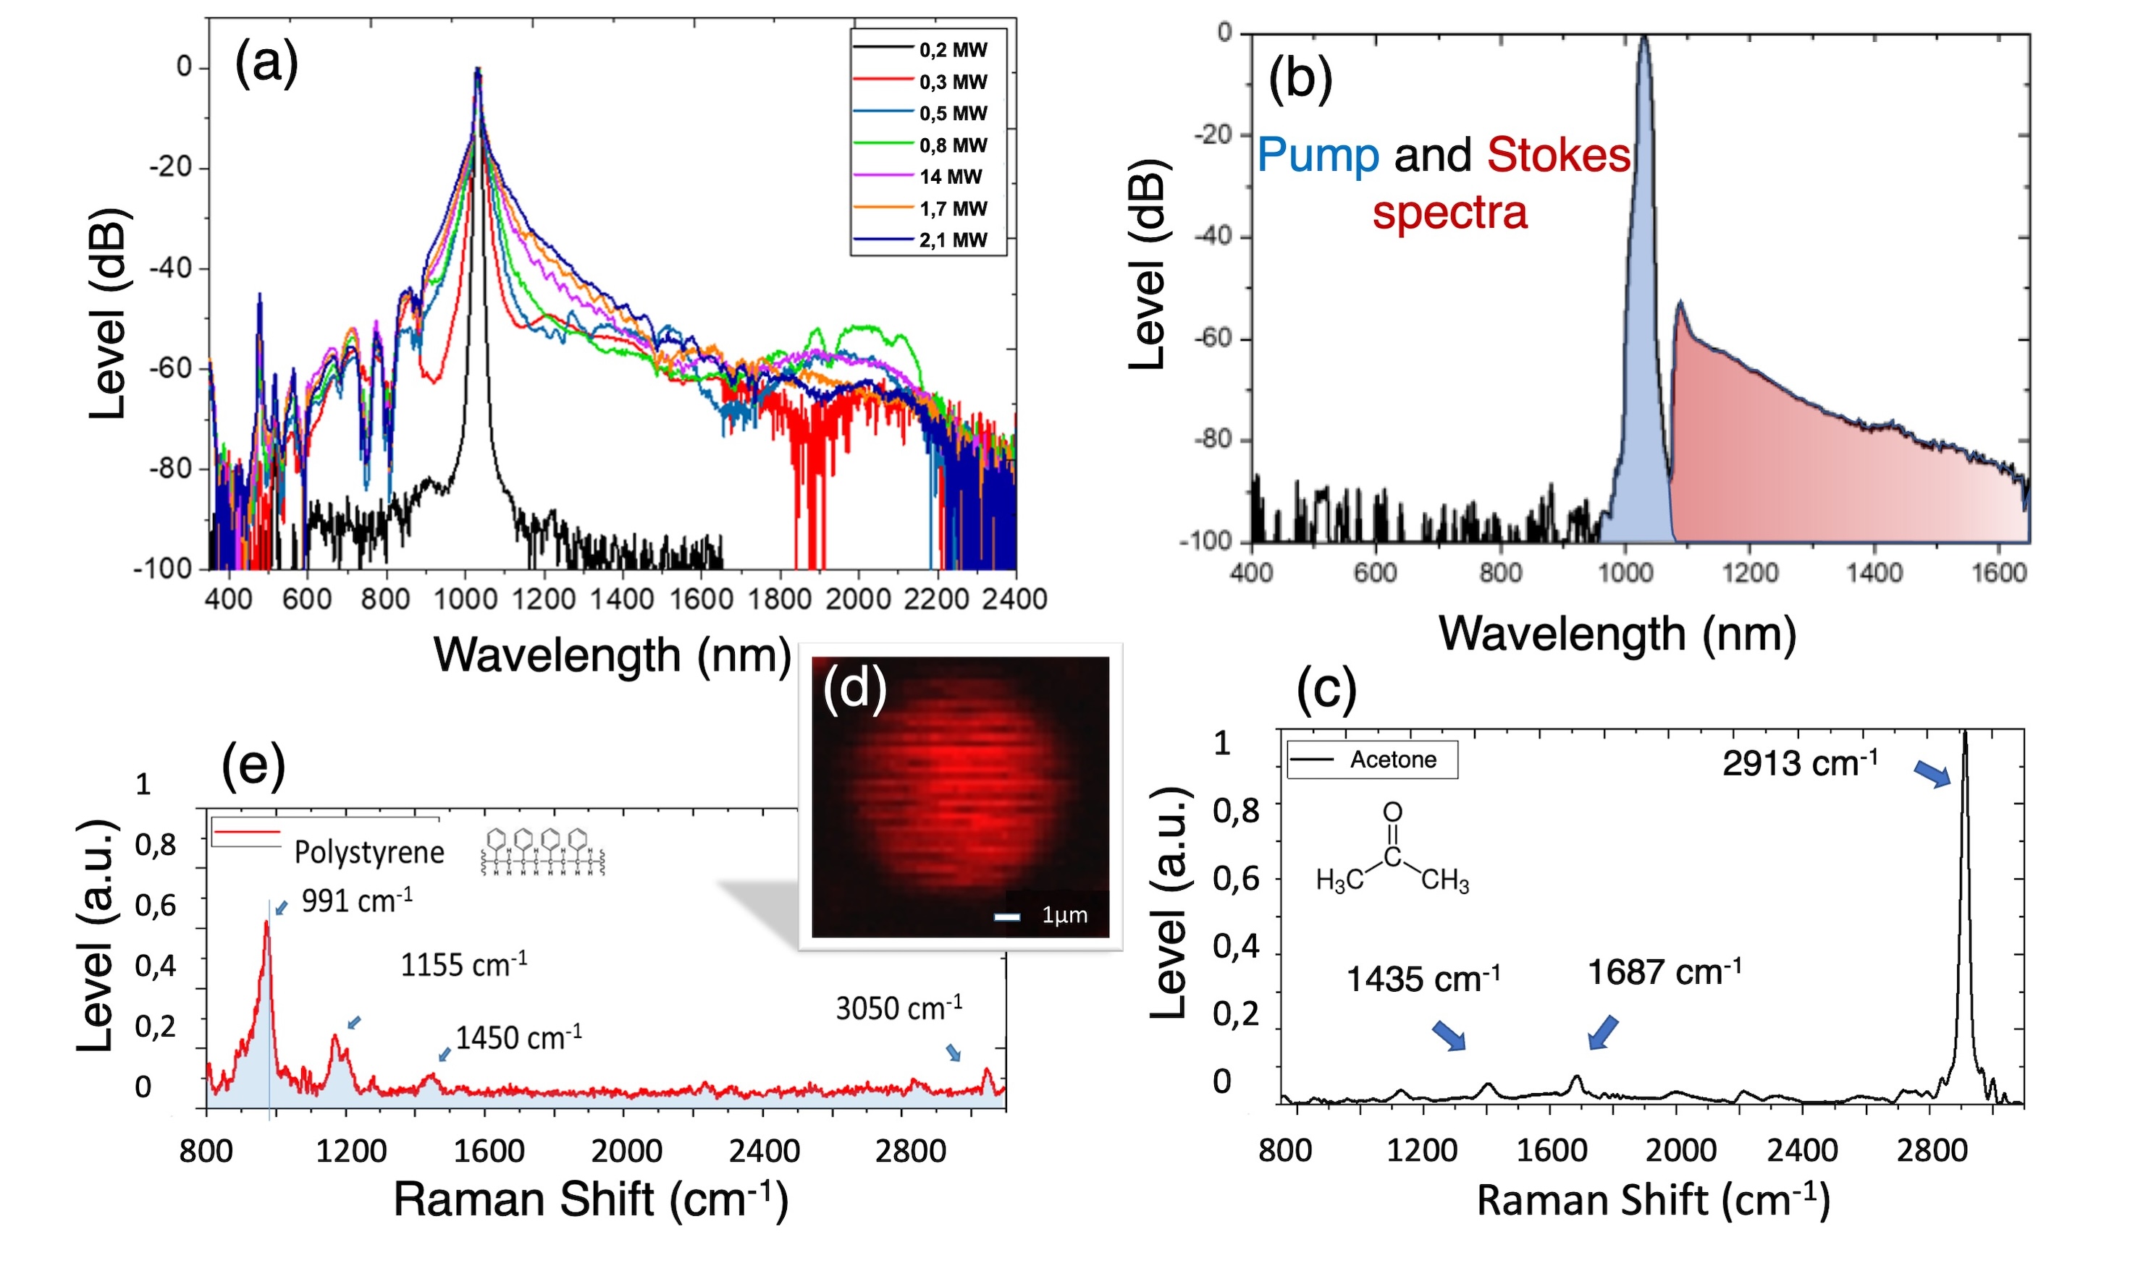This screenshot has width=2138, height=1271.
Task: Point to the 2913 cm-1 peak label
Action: click(1798, 762)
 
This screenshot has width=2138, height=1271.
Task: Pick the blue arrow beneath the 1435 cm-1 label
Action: click(1448, 1034)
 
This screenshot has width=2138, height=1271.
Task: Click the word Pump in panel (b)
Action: click(1317, 156)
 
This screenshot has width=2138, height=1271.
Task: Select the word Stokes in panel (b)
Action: click(1557, 156)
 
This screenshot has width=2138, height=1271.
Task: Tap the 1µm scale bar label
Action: click(1064, 914)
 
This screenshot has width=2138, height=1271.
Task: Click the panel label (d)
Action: click(854, 689)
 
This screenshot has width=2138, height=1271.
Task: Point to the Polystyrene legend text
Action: click(369, 852)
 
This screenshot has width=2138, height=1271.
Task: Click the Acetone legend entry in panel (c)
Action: click(1392, 760)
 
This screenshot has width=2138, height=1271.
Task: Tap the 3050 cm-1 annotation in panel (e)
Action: click(898, 1008)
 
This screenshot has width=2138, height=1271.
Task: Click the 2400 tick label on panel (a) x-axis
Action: click(1014, 599)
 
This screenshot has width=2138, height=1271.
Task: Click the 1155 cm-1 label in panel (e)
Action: click(463, 965)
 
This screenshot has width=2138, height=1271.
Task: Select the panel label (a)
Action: click(266, 62)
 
